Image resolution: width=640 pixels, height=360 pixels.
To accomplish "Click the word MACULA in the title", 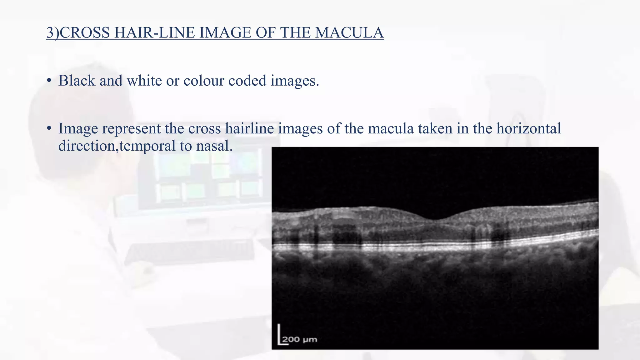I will tap(349, 33).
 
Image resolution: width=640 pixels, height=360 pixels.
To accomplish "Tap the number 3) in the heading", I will tap(52, 33).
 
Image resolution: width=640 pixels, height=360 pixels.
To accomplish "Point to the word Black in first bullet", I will tap(77, 81).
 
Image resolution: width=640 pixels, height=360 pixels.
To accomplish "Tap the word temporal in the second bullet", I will tap(147, 146).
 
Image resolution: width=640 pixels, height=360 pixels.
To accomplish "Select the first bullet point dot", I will tap(49, 81).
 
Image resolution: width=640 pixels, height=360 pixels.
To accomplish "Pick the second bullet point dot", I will tap(49, 129).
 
